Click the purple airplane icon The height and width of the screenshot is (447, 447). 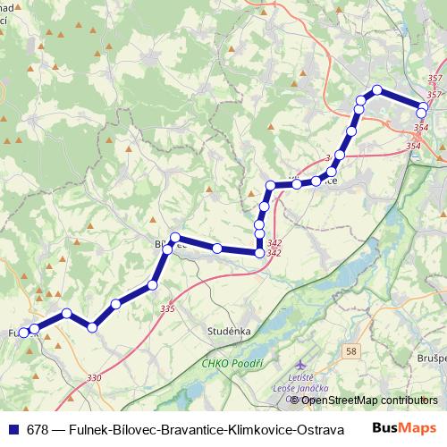(299, 366)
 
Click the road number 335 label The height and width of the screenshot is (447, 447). (167, 308)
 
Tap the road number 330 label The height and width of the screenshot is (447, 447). (95, 378)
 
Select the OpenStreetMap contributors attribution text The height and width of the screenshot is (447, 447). (358, 400)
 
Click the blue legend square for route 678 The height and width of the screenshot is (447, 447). (13, 428)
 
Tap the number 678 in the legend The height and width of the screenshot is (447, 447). (38, 428)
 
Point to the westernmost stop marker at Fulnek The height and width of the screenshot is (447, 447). (23, 333)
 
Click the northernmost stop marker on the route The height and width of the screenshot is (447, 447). (377, 89)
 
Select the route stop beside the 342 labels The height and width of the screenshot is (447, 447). (260, 253)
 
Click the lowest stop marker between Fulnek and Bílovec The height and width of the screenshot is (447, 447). (92, 327)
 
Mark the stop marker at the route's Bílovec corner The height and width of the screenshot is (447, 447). (175, 238)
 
